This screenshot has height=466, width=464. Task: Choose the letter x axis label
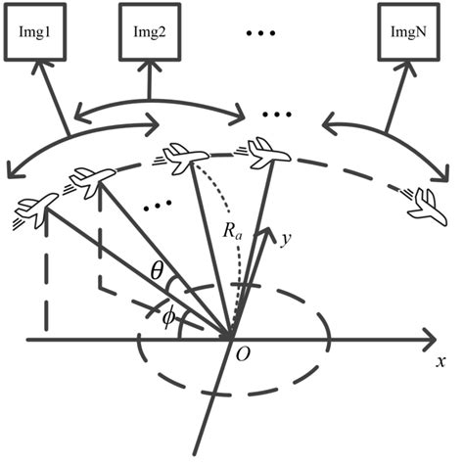click(x=440, y=361)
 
